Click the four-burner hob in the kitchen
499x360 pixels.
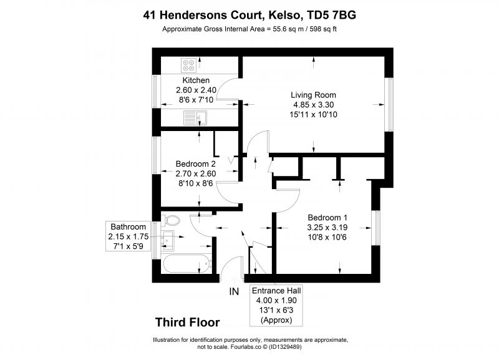pos(188,66)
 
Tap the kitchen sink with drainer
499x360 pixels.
pos(195,118)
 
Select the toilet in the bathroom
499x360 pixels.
pos(170,220)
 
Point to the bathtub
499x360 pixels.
pos(187,264)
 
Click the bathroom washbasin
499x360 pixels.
pos(167,239)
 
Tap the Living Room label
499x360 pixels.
pos(313,95)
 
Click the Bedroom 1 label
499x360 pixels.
pos(327,218)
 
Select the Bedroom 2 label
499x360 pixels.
pos(195,164)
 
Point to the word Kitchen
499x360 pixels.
pos(196,80)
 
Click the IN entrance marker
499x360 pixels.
pos(234,291)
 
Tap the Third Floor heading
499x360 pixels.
pos(188,323)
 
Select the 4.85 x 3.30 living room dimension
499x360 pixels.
pos(314,105)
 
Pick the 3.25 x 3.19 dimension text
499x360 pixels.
pos(327,228)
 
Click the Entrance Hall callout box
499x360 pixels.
pos(276,306)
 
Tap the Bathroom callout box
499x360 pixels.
pos(128,236)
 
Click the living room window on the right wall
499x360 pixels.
pos(389,105)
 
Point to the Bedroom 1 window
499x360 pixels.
pos(376,228)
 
